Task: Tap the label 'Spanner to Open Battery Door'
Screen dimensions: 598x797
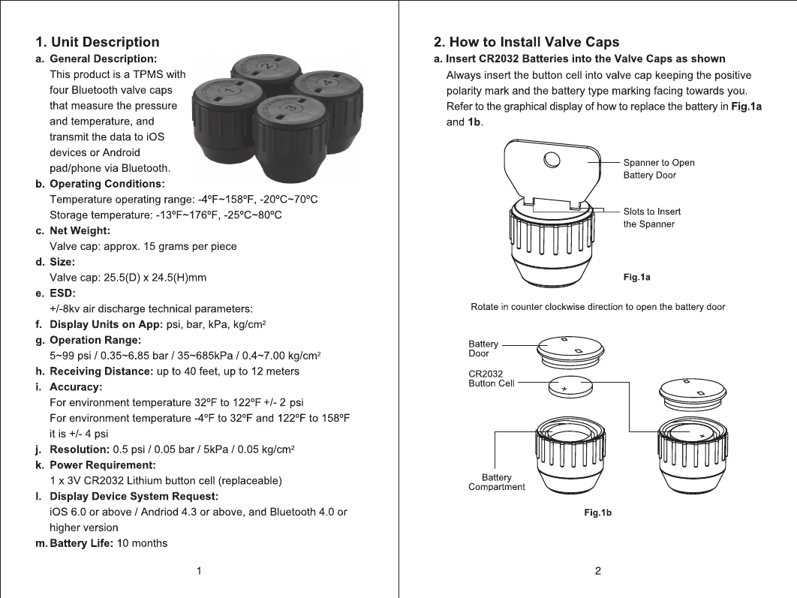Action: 658,169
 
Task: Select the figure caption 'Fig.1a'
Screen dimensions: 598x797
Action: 636,278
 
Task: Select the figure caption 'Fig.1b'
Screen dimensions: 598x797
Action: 598,513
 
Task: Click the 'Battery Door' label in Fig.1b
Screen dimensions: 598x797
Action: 483,348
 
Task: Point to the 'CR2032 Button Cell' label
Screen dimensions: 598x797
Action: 491,378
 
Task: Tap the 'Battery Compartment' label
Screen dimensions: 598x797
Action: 496,482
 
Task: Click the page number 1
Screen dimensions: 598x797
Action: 199,571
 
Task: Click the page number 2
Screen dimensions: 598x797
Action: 597,571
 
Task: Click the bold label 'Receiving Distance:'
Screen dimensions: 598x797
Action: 101,371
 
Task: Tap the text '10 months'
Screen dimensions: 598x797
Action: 143,542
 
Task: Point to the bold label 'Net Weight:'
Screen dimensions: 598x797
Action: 80,230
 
